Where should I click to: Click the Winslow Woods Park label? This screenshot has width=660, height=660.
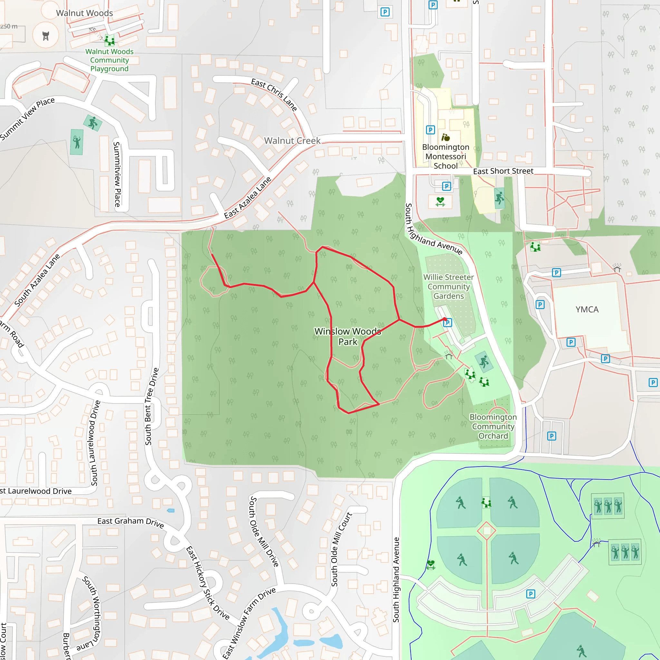point(348,336)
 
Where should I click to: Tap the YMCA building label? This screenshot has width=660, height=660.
point(587,309)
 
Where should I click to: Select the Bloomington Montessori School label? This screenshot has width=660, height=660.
point(445,156)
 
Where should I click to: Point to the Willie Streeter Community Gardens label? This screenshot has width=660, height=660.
point(449,286)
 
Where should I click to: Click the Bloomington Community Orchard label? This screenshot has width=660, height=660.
point(493,426)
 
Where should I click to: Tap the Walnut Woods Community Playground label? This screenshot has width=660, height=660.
point(109,60)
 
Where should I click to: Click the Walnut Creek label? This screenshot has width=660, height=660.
point(292,141)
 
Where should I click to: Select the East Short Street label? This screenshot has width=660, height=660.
point(503,171)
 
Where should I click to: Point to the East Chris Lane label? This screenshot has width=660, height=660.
point(274,94)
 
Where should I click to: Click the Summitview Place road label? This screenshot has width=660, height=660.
point(117,174)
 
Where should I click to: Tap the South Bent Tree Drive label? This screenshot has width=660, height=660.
point(152,406)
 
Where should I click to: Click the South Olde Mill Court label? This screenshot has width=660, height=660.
point(341,549)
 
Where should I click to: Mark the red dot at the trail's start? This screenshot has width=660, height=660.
point(445,319)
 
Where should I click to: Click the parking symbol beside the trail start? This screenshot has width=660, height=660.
point(448,323)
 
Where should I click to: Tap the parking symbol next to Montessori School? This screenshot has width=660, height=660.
point(431,130)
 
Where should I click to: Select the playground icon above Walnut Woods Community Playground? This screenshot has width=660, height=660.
point(109,40)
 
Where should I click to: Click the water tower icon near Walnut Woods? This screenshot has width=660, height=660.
point(46,35)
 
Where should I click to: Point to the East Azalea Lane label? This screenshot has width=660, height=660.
point(248,198)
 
